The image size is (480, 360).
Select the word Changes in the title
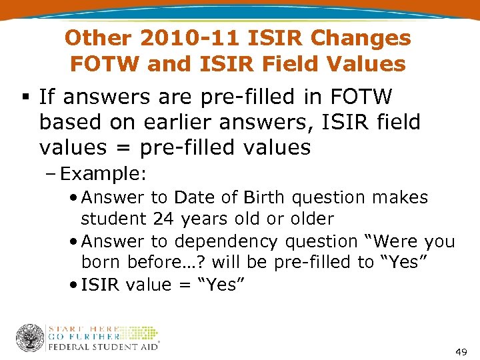(369, 38)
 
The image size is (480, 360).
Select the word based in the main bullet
(69, 123)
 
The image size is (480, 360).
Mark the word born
(99, 262)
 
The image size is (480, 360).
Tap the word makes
(403, 198)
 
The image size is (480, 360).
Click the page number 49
(461, 351)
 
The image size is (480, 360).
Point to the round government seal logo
(30, 338)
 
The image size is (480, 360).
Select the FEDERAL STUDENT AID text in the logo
(103, 347)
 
